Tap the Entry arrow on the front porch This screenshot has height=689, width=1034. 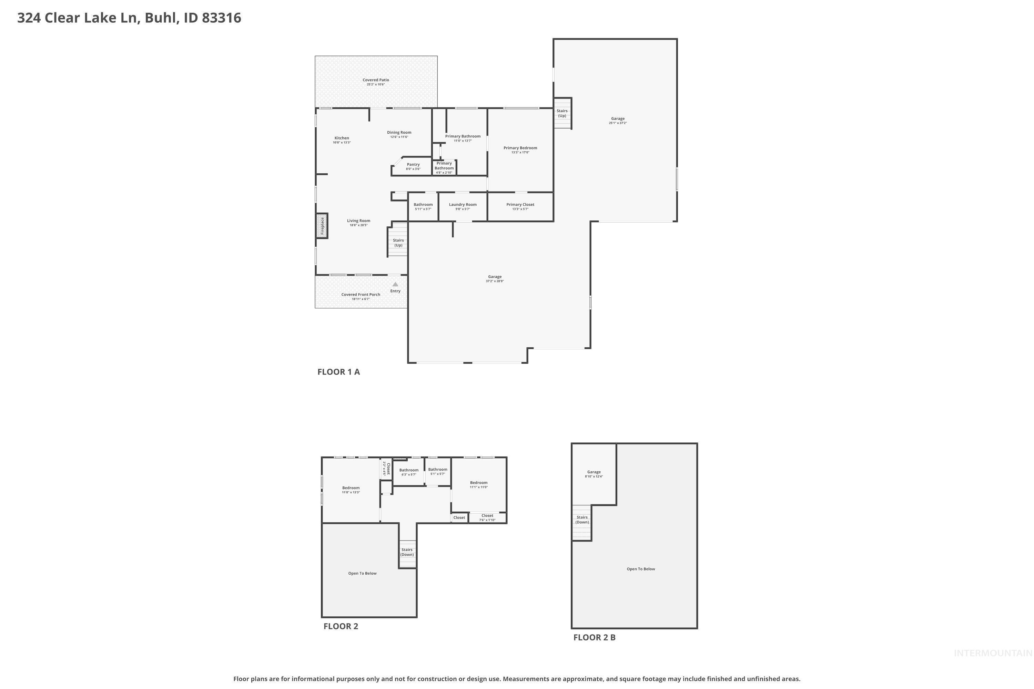click(x=395, y=284)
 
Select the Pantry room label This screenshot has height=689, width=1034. click(x=413, y=165)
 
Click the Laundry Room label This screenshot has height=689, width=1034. click(x=463, y=205)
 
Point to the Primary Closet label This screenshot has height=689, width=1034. click(x=520, y=205)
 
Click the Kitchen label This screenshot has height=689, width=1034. click(x=342, y=138)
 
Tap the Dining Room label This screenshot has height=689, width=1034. click(x=399, y=133)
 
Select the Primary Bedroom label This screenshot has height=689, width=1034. click(x=520, y=148)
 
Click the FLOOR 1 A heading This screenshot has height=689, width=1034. click(x=338, y=372)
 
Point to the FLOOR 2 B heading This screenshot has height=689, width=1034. click(x=594, y=637)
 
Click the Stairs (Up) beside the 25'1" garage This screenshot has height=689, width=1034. click(x=562, y=113)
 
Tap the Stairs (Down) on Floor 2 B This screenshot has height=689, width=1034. click(x=582, y=520)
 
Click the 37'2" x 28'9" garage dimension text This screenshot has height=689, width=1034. click(x=495, y=281)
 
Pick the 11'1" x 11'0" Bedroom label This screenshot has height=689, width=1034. click(x=478, y=483)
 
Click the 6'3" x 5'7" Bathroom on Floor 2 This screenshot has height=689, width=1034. click(x=408, y=471)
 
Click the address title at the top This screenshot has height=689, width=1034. click(x=129, y=18)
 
